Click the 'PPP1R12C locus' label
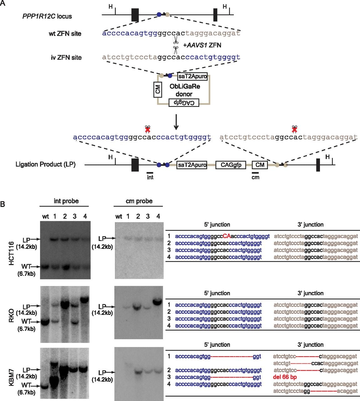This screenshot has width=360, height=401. [x=47, y=16]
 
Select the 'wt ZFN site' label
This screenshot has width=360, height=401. [x=65, y=34]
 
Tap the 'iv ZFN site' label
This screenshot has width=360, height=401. [x=66, y=58]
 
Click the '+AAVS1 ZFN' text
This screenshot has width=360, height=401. [x=202, y=45]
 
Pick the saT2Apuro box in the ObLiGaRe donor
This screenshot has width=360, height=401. [x=193, y=76]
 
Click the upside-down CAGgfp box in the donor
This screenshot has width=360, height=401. [x=184, y=102]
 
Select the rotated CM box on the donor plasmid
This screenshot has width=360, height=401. [x=158, y=90]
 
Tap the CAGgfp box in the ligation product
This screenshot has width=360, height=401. [x=231, y=165]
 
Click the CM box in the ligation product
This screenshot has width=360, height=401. [x=260, y=165]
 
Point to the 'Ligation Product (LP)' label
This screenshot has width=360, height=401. [x=45, y=164]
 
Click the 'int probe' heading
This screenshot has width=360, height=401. [x=66, y=201]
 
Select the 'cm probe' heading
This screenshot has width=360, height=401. [x=139, y=201]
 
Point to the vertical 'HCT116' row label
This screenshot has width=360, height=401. [x=12, y=253]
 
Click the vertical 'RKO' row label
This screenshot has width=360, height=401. [x=12, y=314]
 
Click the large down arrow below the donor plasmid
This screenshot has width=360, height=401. [x=176, y=122]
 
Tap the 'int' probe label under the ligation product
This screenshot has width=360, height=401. [x=150, y=177]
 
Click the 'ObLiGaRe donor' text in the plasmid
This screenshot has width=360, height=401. [x=185, y=90]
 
